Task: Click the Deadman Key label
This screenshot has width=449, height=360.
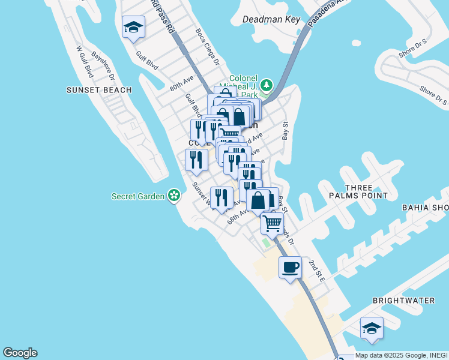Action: click(271, 19)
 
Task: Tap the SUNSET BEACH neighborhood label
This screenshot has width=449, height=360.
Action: click(99, 90)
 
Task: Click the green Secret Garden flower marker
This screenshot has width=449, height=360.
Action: click(174, 196)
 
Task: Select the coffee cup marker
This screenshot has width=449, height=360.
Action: click(291, 266)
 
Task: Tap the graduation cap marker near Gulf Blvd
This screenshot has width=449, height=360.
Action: click(133, 27)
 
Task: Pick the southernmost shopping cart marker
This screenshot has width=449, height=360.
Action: click(273, 223)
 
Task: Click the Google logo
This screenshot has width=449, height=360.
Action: click(20, 353)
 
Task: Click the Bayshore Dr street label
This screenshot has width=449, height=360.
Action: click(103, 66)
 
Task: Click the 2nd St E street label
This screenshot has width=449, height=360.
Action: click(316, 271)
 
